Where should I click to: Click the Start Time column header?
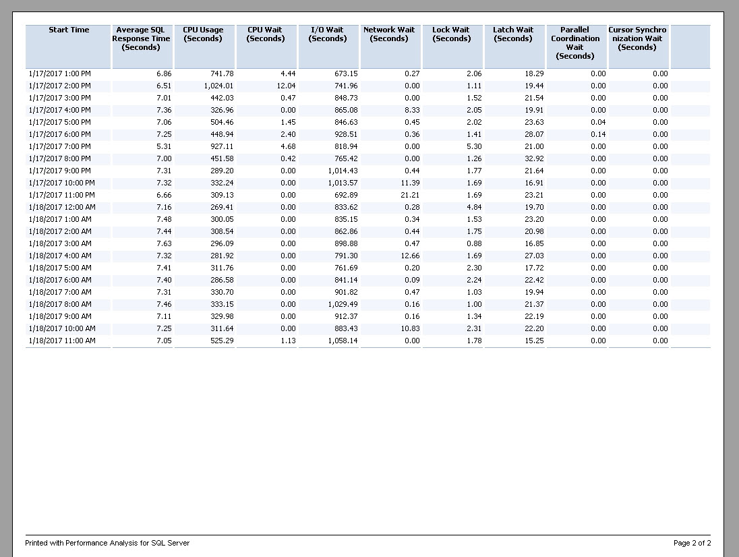coord(69,30)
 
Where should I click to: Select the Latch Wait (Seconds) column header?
coord(513,34)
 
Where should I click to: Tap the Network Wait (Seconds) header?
coord(389,34)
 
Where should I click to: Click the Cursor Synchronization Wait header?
coord(637,38)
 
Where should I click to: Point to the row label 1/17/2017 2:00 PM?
coord(60,86)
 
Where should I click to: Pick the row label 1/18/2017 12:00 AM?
coord(62,207)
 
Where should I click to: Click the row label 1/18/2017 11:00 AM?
coord(62,341)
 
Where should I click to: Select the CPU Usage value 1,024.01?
coord(218,86)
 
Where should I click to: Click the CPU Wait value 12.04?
coord(286,86)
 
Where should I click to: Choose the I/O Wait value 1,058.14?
coord(343,341)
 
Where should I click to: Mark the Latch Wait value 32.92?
coord(534,159)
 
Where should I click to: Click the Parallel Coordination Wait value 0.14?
coord(598,134)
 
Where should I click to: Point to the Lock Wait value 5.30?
coord(474,146)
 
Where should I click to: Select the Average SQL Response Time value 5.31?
coord(164,146)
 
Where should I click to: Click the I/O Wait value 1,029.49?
coord(343,304)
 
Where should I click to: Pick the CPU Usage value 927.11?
coord(222,146)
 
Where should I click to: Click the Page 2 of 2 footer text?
coord(692,543)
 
